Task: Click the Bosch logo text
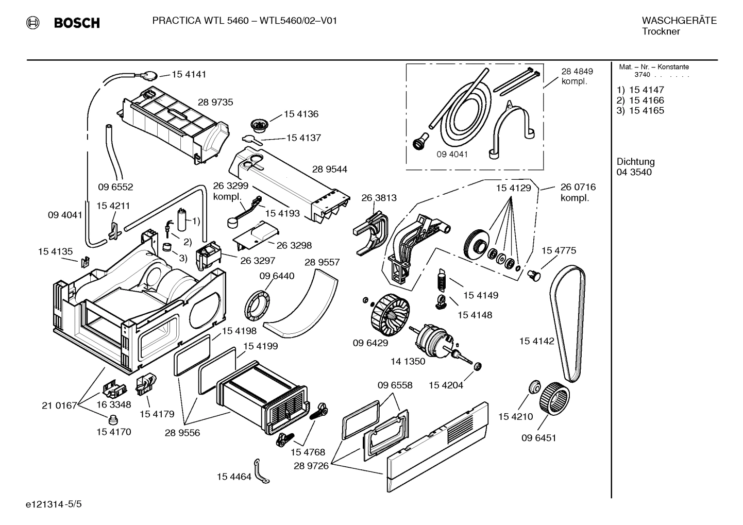click(x=76, y=23)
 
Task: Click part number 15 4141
click(x=189, y=74)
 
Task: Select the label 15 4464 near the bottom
click(x=234, y=477)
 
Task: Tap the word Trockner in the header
click(x=661, y=31)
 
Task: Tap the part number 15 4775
click(x=559, y=250)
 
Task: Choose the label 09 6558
click(x=395, y=385)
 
